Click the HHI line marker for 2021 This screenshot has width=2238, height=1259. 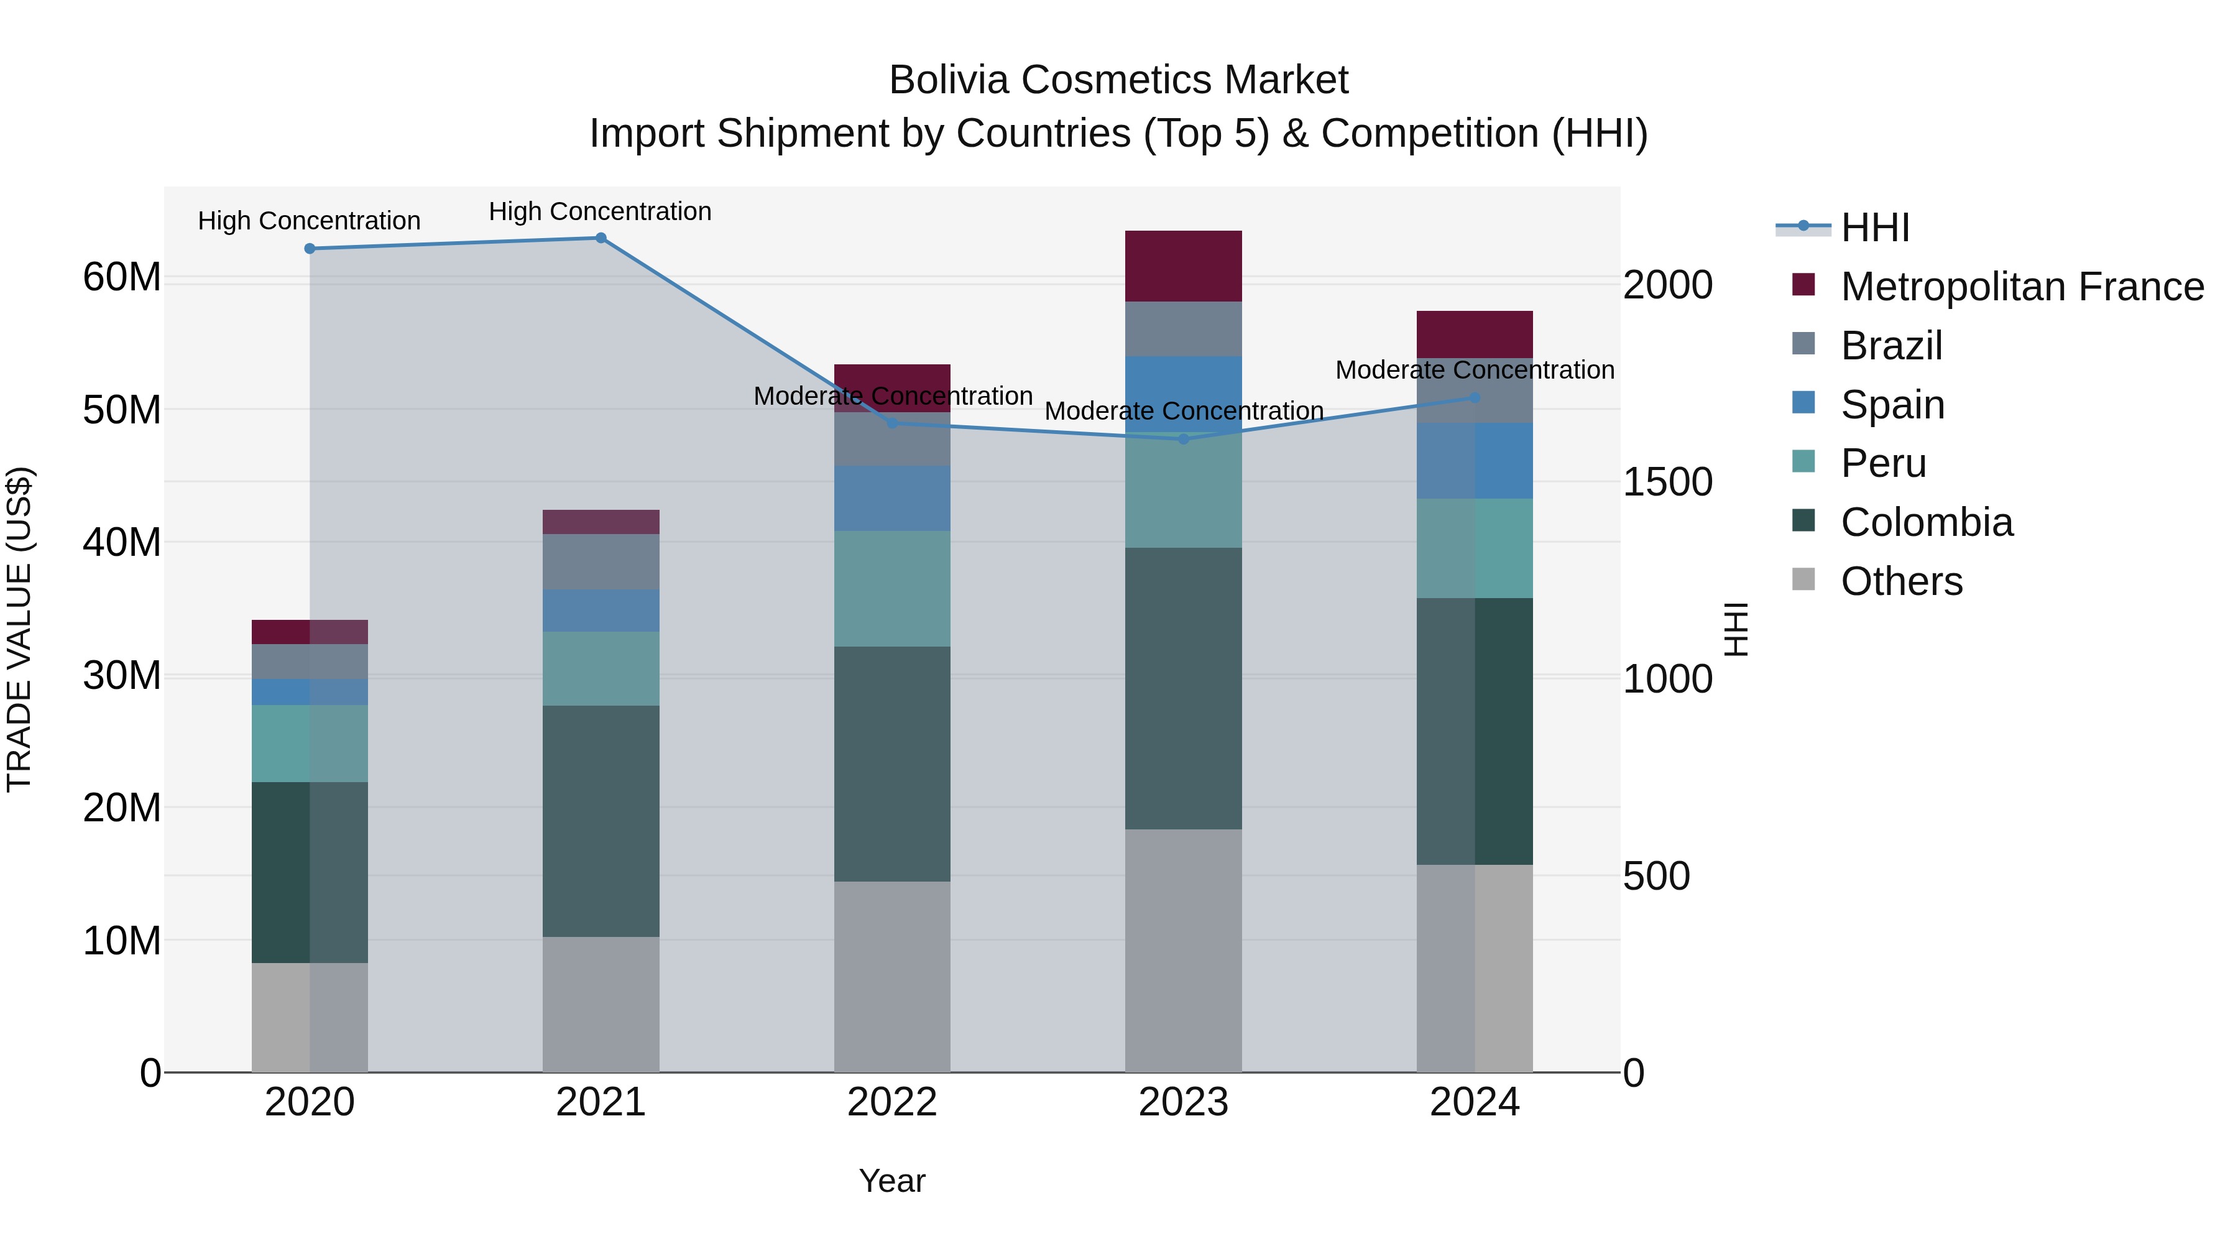[601, 238]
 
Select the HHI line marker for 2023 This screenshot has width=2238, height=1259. [1183, 439]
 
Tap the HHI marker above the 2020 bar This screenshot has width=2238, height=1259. [310, 249]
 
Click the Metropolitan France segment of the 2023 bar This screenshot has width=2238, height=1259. [1183, 266]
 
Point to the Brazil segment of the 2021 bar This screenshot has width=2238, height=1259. [601, 561]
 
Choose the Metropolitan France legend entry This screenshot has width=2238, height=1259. [2021, 287]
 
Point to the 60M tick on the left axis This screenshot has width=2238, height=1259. [122, 277]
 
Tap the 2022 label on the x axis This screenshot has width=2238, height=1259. [892, 1102]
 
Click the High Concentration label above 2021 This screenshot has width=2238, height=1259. [601, 211]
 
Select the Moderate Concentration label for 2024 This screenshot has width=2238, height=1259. [1475, 370]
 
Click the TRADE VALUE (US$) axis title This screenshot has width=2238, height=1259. [19, 629]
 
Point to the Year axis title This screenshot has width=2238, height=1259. [892, 1181]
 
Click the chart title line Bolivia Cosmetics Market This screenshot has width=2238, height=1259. [1118, 80]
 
